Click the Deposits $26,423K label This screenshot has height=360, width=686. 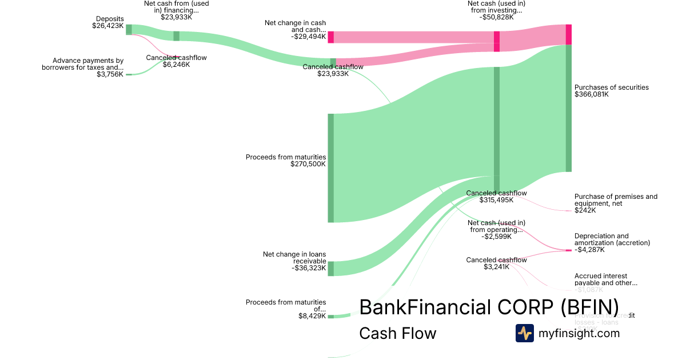point(108,22)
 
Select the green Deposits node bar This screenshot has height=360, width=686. point(129,30)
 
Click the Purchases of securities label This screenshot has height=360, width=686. point(611,87)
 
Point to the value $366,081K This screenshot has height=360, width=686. point(591,94)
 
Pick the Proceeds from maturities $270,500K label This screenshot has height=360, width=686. point(286,160)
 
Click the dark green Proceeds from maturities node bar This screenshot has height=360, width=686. point(330,168)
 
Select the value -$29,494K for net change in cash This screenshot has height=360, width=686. point(308,37)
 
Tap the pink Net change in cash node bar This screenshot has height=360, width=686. point(330,37)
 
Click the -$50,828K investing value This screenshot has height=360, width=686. point(496,17)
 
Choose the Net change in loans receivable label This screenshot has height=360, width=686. point(294,257)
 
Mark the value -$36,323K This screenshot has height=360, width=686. point(308,267)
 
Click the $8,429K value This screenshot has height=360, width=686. point(312,316)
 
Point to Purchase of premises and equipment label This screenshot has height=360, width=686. point(616,199)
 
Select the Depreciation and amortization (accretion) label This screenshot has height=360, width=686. point(612,239)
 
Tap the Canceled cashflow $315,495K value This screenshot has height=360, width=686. point(496,200)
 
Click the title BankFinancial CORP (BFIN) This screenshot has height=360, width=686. point(489,307)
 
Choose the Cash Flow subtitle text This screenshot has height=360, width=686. point(397,334)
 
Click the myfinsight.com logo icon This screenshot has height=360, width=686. point(524,333)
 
